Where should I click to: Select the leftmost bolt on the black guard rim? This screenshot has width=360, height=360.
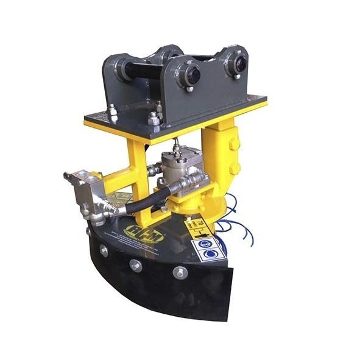(104, 251)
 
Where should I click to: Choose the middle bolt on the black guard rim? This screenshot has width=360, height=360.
(135, 266)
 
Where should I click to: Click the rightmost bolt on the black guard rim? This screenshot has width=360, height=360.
(180, 272)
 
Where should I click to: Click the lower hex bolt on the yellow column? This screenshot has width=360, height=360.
(235, 168)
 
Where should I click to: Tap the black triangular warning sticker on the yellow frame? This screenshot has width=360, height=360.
(121, 199)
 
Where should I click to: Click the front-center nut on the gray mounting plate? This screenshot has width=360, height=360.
(155, 120)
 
